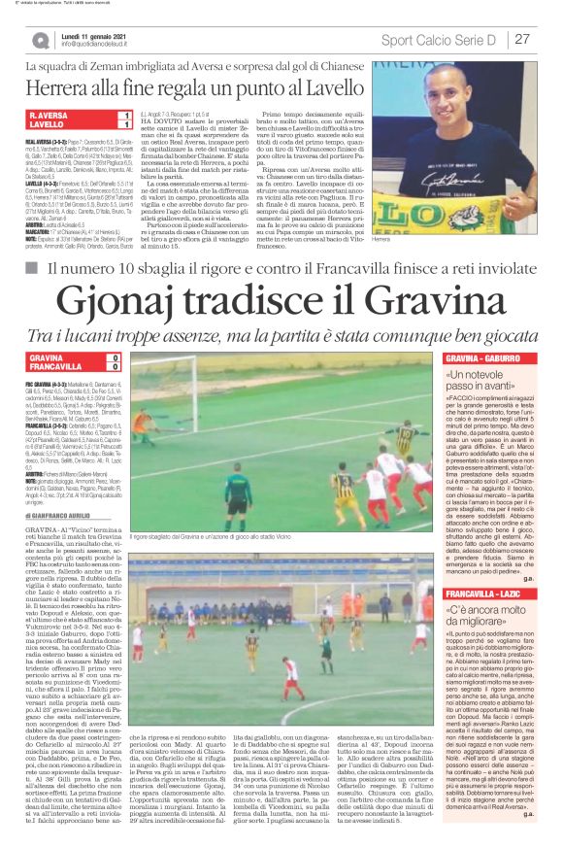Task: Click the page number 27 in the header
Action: pos(521,40)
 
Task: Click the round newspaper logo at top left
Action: pos(40,40)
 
